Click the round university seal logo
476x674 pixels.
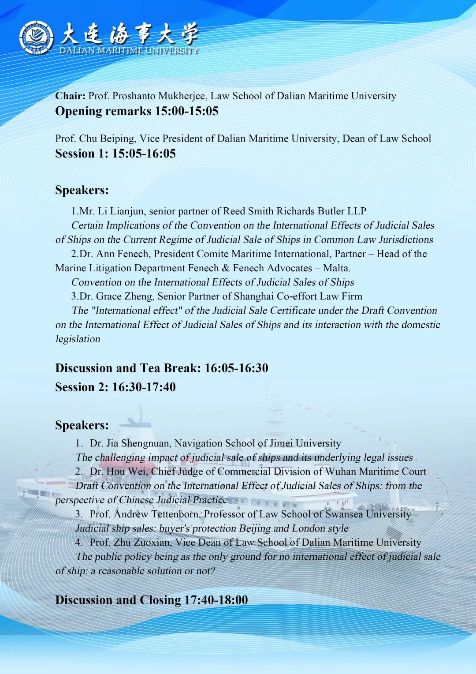(x=36, y=37)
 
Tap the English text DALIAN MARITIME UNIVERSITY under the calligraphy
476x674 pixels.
(x=129, y=51)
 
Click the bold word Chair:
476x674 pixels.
(x=70, y=96)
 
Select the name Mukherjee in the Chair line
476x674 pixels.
(x=182, y=96)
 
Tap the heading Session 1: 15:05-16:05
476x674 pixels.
(x=115, y=154)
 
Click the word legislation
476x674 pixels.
(x=78, y=339)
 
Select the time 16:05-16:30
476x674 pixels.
(x=236, y=368)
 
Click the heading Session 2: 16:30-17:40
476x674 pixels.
(x=115, y=387)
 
